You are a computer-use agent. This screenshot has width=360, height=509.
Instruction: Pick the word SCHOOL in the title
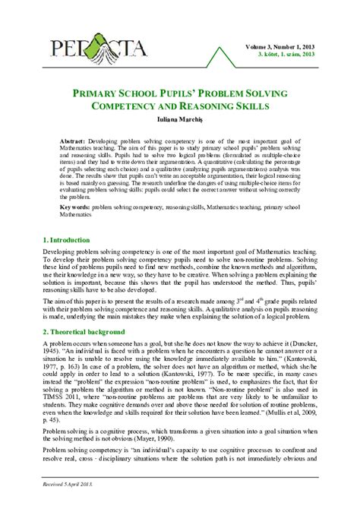coord(153,93)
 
